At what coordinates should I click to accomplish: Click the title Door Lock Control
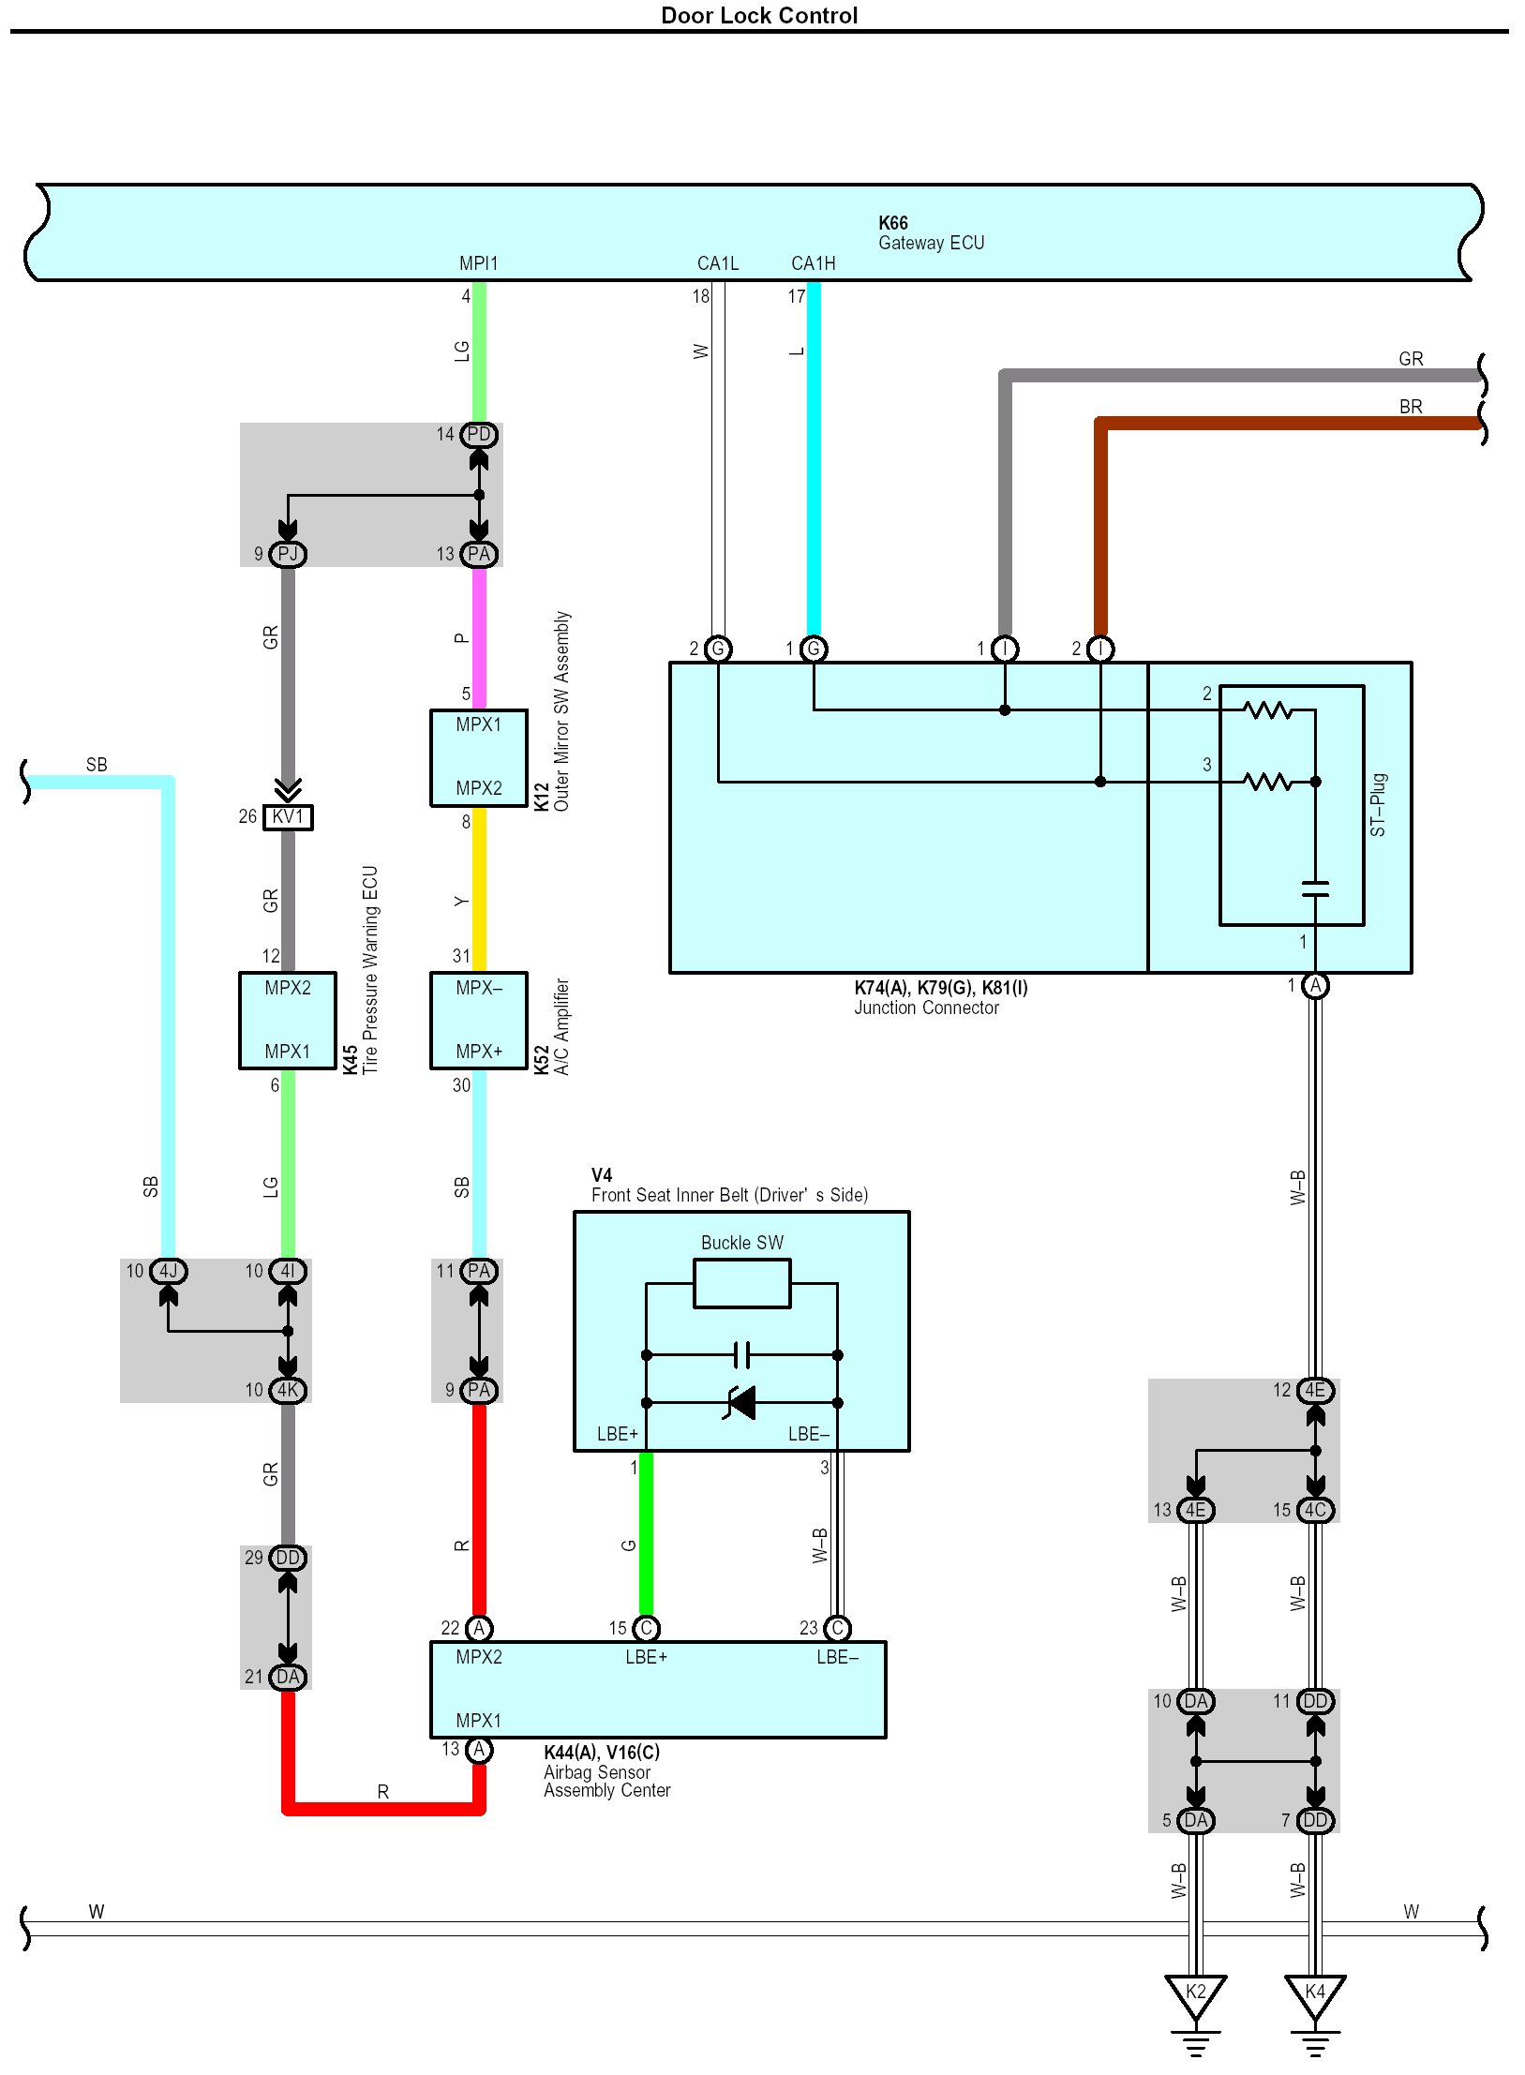[759, 15]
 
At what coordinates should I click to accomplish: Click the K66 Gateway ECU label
[931, 233]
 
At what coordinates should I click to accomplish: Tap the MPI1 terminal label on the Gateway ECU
[478, 263]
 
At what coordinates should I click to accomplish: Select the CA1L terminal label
[718, 263]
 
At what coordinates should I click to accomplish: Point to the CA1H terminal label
[813, 263]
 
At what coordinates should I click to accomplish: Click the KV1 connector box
[288, 817]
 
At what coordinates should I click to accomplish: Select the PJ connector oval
[288, 554]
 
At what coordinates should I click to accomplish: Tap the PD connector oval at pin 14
[479, 435]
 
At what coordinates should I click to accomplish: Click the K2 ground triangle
[1195, 1994]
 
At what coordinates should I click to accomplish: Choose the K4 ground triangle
[1315, 1994]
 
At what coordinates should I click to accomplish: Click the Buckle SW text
[741, 1243]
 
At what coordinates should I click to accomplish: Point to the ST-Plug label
[1377, 805]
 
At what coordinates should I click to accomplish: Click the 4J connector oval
[169, 1271]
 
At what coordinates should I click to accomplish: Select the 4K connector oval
[288, 1390]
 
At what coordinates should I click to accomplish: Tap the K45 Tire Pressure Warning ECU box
[288, 1020]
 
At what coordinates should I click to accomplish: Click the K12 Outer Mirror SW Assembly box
[479, 757]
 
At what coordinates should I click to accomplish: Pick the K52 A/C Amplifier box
[479, 1020]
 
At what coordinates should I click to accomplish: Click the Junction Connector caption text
[926, 1008]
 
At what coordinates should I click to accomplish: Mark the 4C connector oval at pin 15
[1315, 1510]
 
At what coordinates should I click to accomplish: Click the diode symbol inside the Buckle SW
[741, 1403]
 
